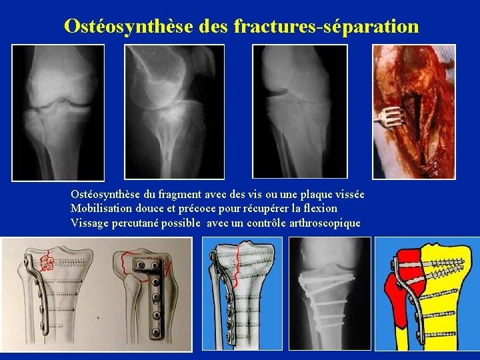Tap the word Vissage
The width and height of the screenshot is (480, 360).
coord(91,223)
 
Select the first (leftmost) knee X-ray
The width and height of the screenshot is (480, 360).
coord(58,112)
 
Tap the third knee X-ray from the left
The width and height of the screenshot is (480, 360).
coord(299,112)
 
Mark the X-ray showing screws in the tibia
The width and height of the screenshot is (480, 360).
coord(329,293)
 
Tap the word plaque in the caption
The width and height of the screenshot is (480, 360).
coord(307,194)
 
